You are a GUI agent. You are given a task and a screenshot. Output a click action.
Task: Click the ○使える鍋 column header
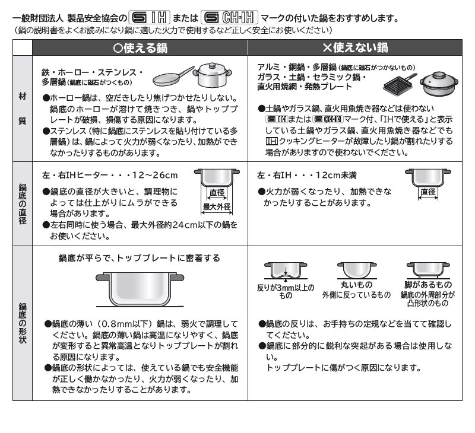140,48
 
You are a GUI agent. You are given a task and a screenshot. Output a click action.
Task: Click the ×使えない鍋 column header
355,48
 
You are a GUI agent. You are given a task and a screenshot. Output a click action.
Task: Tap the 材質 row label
23,109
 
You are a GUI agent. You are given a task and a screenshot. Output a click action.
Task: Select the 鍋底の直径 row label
23,203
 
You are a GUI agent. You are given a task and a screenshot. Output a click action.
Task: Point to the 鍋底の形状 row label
23,323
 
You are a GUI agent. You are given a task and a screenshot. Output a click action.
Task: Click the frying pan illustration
173,77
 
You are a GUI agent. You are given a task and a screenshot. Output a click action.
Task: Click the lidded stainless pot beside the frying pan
212,75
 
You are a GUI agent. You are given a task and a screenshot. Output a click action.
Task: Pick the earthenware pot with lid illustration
439,83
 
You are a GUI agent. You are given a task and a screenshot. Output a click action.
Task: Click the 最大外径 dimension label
217,206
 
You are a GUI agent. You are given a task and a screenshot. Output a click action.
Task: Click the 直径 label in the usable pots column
217,192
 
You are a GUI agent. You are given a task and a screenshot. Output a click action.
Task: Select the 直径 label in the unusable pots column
427,192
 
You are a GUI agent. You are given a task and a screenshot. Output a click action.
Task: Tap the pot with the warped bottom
286,271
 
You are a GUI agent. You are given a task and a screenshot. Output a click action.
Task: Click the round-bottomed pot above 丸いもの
357,270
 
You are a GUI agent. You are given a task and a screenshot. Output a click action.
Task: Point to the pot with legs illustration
428,270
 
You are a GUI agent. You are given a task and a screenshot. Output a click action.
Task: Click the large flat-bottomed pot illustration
140,289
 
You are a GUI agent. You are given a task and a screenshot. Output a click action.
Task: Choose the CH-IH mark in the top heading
229,18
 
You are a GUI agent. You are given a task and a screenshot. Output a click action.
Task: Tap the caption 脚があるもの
427,285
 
